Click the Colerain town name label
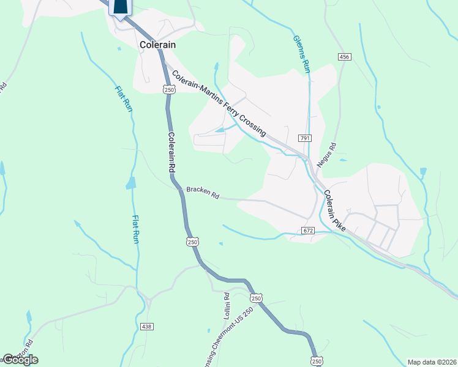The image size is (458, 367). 157,45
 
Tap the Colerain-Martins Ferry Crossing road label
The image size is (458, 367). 219,103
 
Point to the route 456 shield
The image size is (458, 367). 343,57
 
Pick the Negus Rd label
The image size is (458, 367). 333,154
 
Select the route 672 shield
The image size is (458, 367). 307,231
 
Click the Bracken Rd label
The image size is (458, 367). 203,193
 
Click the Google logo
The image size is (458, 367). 20,360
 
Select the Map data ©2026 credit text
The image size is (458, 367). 432,361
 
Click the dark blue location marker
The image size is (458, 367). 121,7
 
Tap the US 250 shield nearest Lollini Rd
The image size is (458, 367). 256,298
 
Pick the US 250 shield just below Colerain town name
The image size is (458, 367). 168,89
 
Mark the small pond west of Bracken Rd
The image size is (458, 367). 130,182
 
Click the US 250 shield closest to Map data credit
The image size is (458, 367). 316,361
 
